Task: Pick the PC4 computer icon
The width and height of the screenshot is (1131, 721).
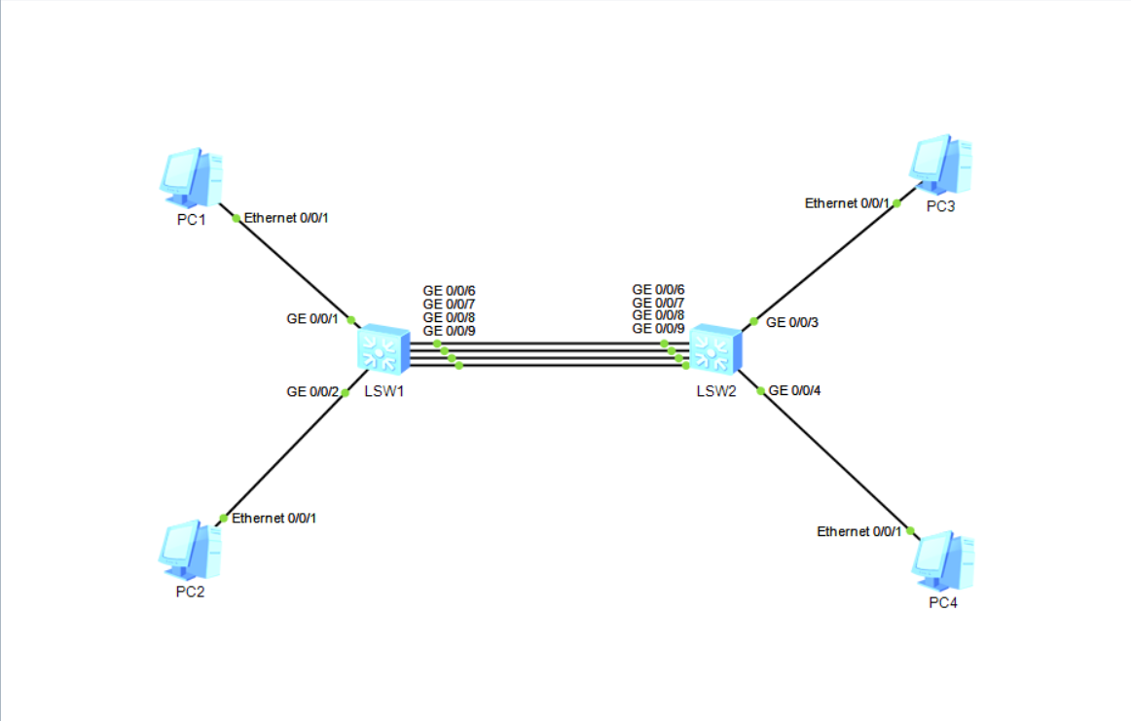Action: tap(942, 561)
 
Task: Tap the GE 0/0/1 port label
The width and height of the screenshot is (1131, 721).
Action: tap(311, 318)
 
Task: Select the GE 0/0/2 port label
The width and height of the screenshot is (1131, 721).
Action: tap(312, 392)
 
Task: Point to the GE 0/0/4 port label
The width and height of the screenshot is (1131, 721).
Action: tap(795, 391)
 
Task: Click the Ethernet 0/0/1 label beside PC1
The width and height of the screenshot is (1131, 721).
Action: tap(286, 218)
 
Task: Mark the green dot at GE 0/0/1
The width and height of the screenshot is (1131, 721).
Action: tap(351, 321)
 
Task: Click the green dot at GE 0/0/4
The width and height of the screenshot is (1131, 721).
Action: tap(761, 391)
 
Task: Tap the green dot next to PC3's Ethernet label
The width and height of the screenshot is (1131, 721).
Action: tap(896, 203)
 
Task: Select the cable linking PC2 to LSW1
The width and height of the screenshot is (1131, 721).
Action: tap(284, 455)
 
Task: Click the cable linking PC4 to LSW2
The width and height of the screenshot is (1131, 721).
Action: tap(835, 460)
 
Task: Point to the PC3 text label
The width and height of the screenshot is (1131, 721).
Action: tap(940, 206)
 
